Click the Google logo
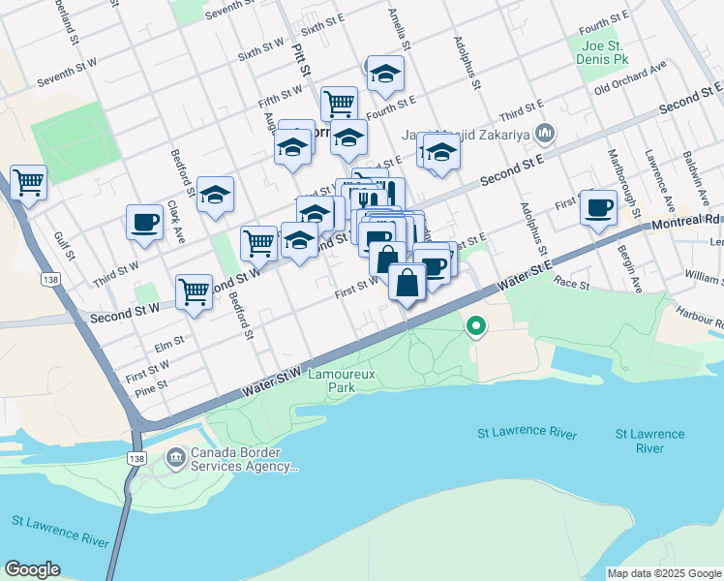[x=32, y=569]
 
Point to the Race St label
[x=572, y=282]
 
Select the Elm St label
[x=168, y=344]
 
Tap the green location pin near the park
[x=475, y=326]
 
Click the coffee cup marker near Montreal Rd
[x=599, y=206]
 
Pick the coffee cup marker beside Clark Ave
[x=144, y=222]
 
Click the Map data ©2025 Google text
[x=664, y=573]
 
